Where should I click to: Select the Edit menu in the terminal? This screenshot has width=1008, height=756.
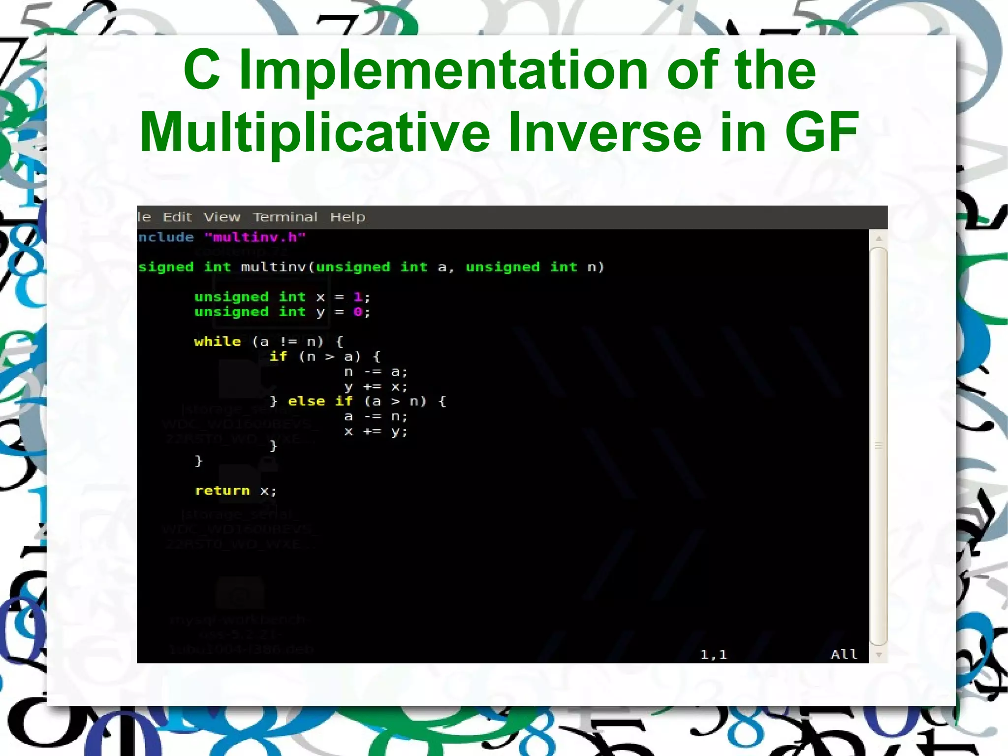pyautogui.click(x=177, y=217)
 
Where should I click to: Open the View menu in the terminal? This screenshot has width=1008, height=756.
pyautogui.click(x=222, y=217)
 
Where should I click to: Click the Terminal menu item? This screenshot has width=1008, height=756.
pyautogui.click(x=285, y=217)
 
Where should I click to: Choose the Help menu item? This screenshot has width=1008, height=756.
pyautogui.click(x=347, y=217)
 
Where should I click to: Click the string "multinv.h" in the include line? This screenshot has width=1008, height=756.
pyautogui.click(x=255, y=237)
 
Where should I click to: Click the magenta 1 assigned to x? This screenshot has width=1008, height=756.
pyautogui.click(x=358, y=297)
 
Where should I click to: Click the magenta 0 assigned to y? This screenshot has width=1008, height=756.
pyautogui.click(x=358, y=312)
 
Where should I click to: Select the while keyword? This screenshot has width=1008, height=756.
pyautogui.click(x=218, y=342)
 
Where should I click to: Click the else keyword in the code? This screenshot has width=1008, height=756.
pyautogui.click(x=306, y=401)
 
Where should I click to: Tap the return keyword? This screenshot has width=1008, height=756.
pyautogui.click(x=222, y=491)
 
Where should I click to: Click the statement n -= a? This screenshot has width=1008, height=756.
pyautogui.click(x=376, y=372)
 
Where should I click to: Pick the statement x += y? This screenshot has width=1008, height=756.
pyautogui.click(x=376, y=432)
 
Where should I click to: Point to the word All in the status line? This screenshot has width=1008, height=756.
pyautogui.click(x=844, y=654)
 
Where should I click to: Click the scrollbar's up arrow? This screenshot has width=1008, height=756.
pyautogui.click(x=879, y=239)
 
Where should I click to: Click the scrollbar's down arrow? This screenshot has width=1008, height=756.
pyautogui.click(x=879, y=655)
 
